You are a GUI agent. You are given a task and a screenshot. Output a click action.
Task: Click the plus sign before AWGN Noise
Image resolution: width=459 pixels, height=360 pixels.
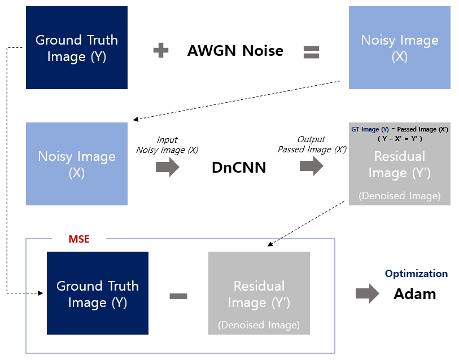pyautogui.click(x=161, y=51)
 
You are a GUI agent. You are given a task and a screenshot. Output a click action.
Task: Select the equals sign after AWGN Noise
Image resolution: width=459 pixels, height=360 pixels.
pyautogui.click(x=311, y=52)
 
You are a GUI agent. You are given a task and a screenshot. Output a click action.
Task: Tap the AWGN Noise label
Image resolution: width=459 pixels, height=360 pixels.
pyautogui.click(x=235, y=51)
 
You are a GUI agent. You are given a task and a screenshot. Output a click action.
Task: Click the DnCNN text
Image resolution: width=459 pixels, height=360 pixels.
pyautogui.click(x=238, y=167)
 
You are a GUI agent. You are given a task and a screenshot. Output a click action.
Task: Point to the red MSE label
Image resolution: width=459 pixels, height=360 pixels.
pyautogui.click(x=79, y=239)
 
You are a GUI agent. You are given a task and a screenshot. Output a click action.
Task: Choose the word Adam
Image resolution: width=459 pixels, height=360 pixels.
pyautogui.click(x=414, y=294)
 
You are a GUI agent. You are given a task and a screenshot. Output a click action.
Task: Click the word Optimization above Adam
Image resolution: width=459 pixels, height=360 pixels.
pyautogui.click(x=416, y=274)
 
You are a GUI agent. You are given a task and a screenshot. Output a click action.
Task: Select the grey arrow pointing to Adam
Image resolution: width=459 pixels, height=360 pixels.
pyautogui.click(x=367, y=294)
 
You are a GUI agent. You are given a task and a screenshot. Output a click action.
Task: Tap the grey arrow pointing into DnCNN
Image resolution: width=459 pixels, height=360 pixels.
pyautogui.click(x=167, y=167)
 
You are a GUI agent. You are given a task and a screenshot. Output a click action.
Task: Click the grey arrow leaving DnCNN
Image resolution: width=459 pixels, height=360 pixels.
pyautogui.click(x=311, y=166)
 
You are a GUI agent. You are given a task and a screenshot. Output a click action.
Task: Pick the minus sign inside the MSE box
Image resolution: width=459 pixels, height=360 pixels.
pyautogui.click(x=178, y=296)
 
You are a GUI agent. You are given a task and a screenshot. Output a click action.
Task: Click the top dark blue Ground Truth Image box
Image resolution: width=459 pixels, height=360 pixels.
pyautogui.click(x=77, y=48)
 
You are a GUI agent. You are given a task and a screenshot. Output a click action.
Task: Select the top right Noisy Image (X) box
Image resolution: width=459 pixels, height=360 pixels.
pyautogui.click(x=399, y=48)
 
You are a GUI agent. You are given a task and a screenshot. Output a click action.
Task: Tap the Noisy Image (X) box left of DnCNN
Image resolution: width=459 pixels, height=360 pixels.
pyautogui.click(x=77, y=164)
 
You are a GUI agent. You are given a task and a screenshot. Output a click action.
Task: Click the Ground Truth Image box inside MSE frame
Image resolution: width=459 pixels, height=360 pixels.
pyautogui.click(x=97, y=293)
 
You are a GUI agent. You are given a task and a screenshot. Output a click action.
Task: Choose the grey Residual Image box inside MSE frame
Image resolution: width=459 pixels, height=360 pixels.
pyautogui.click(x=259, y=293)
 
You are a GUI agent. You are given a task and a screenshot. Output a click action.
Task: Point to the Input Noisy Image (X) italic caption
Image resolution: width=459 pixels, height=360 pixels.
pyautogui.click(x=167, y=144)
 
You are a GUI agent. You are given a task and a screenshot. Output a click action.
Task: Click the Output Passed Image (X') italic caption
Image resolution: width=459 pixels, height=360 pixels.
pyautogui.click(x=312, y=144)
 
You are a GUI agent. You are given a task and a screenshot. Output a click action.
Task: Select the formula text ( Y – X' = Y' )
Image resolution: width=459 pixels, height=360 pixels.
pyautogui.click(x=400, y=139)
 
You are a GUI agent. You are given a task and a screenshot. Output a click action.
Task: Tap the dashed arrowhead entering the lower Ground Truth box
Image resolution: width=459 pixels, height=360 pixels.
pyautogui.click(x=41, y=293)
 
